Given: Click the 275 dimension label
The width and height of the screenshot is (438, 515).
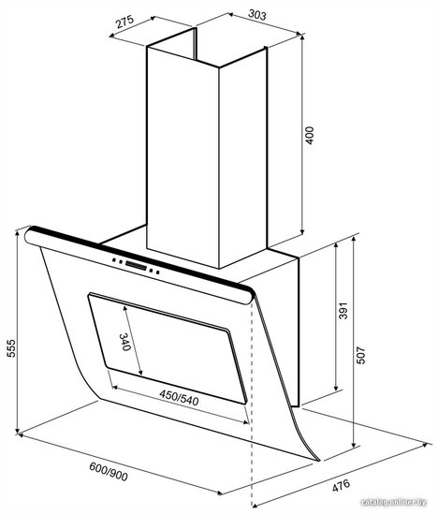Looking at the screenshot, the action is [125, 22].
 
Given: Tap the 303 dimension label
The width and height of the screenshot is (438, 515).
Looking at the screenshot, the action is [257, 15].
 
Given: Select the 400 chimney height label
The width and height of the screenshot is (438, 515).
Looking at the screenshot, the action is [309, 136].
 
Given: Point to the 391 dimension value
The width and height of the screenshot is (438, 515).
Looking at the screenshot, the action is [343, 310].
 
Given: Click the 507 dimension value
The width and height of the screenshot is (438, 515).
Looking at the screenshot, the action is [360, 355].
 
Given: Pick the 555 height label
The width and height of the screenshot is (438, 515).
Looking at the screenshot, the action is [11, 348].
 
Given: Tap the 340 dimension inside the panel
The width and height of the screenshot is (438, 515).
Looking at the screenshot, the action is [124, 342].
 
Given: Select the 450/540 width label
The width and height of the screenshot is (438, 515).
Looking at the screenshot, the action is [179, 397].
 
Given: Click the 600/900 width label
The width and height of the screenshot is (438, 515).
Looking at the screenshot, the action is [109, 472].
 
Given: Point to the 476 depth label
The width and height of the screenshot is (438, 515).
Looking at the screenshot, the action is [342, 486].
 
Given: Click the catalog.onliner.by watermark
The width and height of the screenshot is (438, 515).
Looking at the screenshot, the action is [393, 502].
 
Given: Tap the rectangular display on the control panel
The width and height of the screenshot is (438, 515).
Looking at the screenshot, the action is [136, 265].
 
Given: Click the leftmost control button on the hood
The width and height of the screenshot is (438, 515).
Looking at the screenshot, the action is [114, 259].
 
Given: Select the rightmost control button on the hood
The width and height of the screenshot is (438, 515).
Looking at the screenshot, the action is [158, 272].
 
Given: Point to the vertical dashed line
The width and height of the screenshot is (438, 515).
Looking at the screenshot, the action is [252, 404].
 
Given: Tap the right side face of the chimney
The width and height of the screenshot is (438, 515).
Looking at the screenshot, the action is [243, 158].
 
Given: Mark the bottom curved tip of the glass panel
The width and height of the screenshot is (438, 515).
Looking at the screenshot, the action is [318, 460].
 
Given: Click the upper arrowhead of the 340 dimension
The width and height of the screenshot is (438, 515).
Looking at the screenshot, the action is [125, 309].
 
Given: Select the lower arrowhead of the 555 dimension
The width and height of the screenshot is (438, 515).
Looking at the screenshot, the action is [18, 431].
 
